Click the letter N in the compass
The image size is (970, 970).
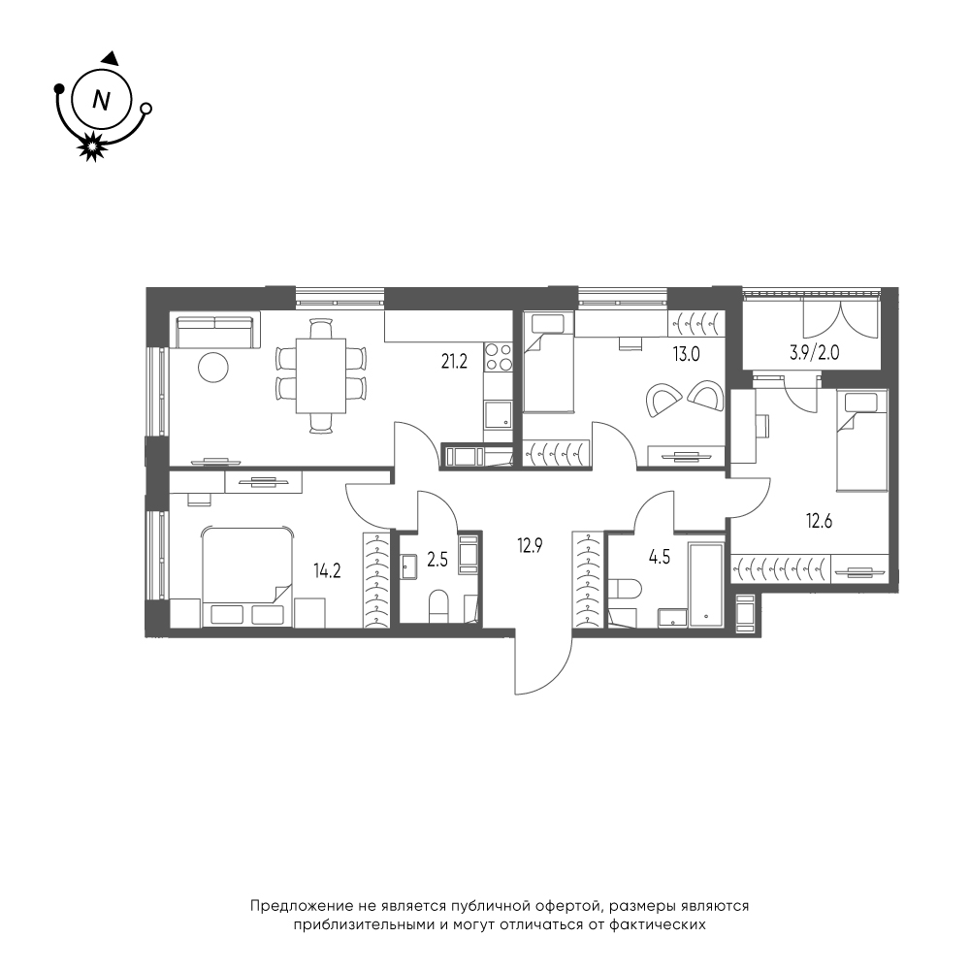tap(100, 99)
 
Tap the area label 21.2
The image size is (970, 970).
tap(453, 362)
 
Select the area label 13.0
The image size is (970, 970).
tap(687, 354)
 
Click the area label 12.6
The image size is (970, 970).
tap(819, 521)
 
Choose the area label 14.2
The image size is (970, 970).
tap(327, 570)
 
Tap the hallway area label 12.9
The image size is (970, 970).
tap(531, 545)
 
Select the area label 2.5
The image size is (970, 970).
tap(437, 561)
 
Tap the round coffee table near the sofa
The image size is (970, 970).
tap(213, 368)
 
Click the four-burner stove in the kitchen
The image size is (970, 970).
tap(498, 356)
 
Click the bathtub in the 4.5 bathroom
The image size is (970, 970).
tap(706, 585)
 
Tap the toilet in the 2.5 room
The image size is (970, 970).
tap(438, 605)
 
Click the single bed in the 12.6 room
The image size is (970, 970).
tap(861, 441)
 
